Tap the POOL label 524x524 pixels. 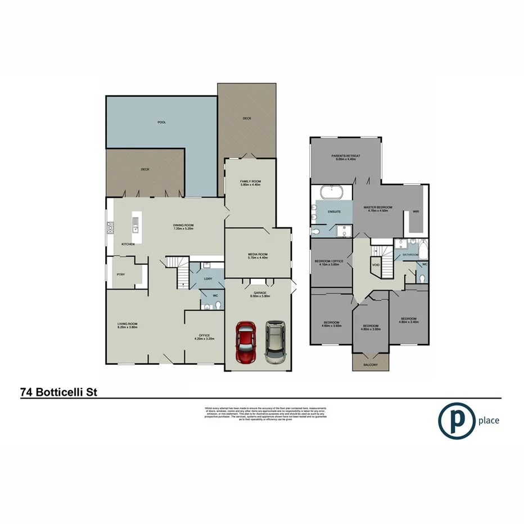[x=162, y=122]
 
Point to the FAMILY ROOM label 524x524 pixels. [x=250, y=182]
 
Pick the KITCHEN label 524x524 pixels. [x=127, y=245]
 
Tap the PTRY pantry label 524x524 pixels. [x=120, y=274]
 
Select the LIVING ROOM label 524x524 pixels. [x=128, y=325]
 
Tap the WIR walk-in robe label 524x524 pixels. [x=415, y=212]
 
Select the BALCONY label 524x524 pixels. [x=370, y=365]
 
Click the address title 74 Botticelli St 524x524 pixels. [x=59, y=391]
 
